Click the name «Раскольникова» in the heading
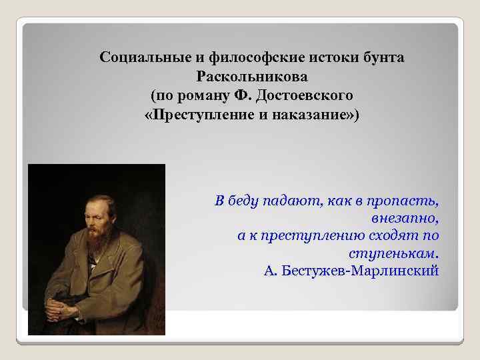251,77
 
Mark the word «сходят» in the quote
397,236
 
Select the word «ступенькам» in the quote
390,254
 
